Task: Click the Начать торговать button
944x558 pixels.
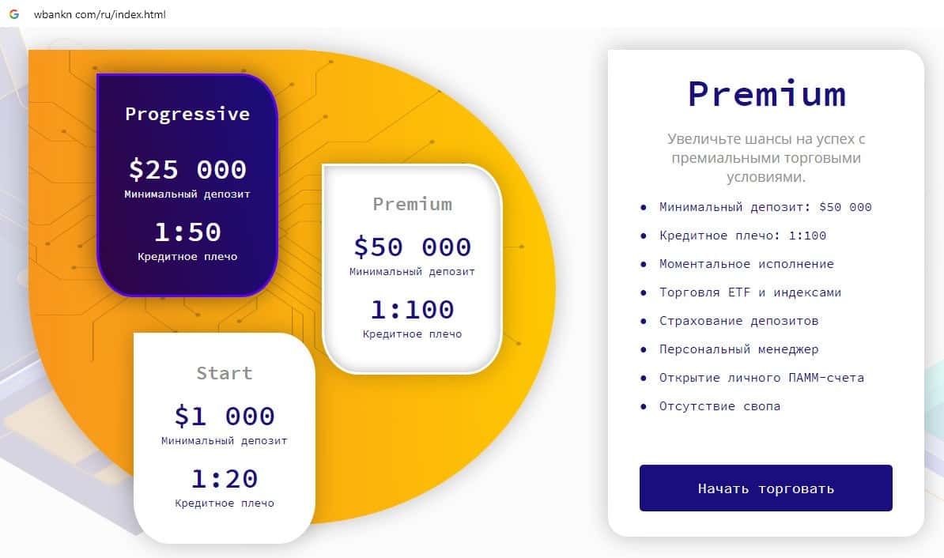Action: pyautogui.click(x=765, y=488)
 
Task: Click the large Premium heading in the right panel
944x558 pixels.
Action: pyautogui.click(x=766, y=93)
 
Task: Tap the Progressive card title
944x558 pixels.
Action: pyautogui.click(x=187, y=114)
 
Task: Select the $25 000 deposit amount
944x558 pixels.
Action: pyautogui.click(x=187, y=169)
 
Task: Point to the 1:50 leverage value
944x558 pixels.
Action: pyautogui.click(x=187, y=232)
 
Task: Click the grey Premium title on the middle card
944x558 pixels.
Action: pyautogui.click(x=412, y=204)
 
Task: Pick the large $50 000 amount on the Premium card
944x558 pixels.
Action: pyautogui.click(x=412, y=247)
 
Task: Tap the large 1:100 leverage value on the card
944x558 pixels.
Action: pyautogui.click(x=412, y=309)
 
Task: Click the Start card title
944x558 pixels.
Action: pyautogui.click(x=225, y=373)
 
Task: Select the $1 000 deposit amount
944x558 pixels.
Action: pyautogui.click(x=225, y=416)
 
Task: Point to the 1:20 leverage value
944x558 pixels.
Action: pyautogui.click(x=225, y=479)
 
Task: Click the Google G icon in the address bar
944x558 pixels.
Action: pyautogui.click(x=13, y=14)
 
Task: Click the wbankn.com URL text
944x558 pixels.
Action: pyautogui.click(x=100, y=15)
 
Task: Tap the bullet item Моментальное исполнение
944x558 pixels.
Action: pyautogui.click(x=746, y=264)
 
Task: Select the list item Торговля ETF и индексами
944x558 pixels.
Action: pyautogui.click(x=750, y=292)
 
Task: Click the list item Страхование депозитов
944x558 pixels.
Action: pyautogui.click(x=738, y=321)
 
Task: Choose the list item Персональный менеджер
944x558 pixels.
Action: pyautogui.click(x=738, y=349)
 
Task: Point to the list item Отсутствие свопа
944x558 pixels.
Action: pyautogui.click(x=719, y=406)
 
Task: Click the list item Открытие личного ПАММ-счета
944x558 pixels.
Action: pyautogui.click(x=761, y=378)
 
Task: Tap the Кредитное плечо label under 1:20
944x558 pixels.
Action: pyautogui.click(x=225, y=503)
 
